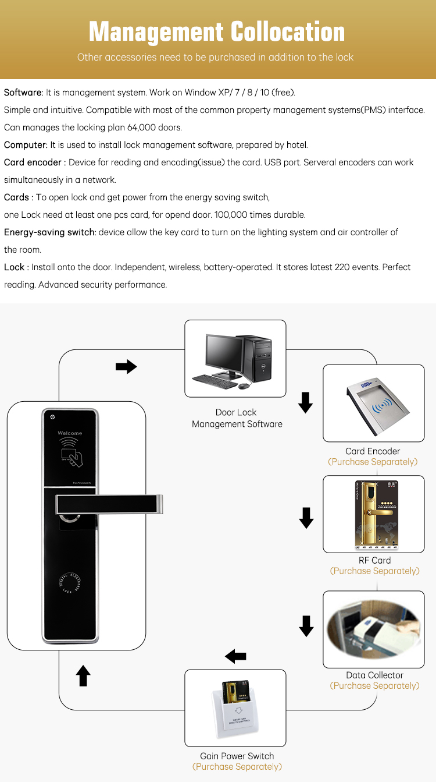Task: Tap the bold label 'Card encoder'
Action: coord(33,162)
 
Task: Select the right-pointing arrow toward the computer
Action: coord(126,367)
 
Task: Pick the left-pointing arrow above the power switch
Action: coord(235,656)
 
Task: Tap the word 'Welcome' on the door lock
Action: coord(70,433)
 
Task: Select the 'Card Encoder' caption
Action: coord(373,451)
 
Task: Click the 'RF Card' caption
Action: coord(374,561)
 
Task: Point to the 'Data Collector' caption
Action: coord(374,675)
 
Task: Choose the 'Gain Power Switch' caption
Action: coord(237,756)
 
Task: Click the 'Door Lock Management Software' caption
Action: coord(237,418)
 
